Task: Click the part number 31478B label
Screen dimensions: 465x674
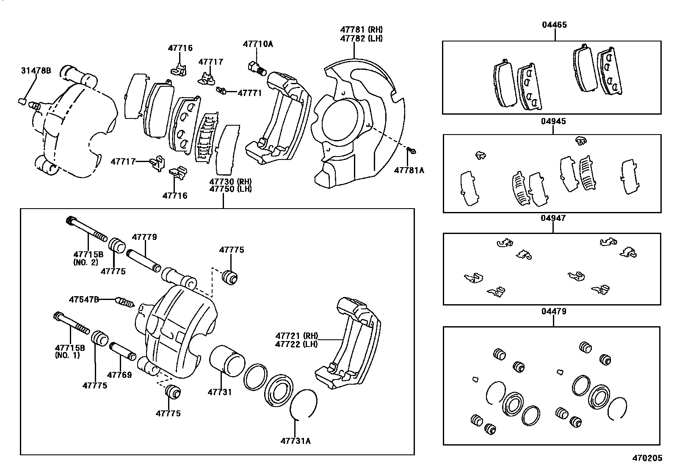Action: click(36, 71)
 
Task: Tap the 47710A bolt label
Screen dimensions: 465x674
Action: click(258, 44)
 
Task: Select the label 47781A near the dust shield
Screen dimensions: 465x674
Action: click(409, 170)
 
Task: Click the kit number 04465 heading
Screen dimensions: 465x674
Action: click(554, 25)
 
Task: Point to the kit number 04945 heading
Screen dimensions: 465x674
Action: click(553, 121)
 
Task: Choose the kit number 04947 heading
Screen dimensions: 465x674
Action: click(553, 218)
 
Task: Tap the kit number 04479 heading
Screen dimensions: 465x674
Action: click(553, 311)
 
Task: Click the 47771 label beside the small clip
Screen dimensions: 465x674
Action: click(249, 93)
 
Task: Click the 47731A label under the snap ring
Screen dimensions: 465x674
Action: click(296, 441)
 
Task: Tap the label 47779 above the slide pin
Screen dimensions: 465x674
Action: click(144, 237)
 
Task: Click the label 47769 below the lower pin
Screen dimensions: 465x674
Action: click(119, 375)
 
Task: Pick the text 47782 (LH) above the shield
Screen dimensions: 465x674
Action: click(361, 38)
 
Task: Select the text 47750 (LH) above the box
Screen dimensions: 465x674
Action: click(230, 189)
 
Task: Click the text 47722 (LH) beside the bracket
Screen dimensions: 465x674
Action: click(296, 344)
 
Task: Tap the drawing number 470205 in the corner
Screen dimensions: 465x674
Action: click(647, 458)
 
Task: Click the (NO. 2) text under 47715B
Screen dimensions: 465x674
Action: click(86, 262)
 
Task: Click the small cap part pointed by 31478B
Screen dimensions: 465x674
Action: click(23, 101)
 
